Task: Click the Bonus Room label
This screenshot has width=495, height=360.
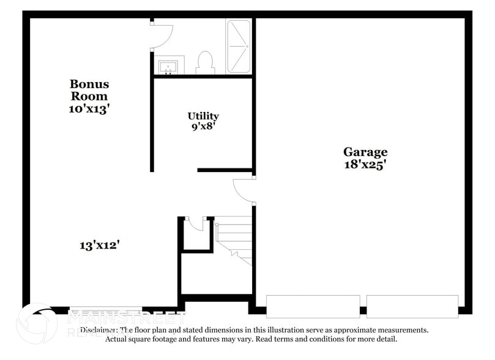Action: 89,90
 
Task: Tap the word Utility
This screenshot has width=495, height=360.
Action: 203,116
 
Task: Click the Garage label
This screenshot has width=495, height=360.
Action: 365,152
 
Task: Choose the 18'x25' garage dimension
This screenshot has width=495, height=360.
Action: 365,165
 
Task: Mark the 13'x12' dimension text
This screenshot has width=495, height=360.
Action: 99,246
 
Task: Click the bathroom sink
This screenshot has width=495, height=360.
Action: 168,66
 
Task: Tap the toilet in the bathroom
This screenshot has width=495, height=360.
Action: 204,63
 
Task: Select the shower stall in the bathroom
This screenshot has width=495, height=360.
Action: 239,47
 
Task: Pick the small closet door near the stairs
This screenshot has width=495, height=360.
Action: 196,223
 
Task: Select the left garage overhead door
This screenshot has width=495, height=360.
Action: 313,306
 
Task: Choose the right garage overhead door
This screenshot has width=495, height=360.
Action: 412,306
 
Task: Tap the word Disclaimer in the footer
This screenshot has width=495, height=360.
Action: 102,330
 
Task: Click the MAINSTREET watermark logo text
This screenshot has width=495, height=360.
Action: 125,318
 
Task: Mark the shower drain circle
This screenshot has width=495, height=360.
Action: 247,46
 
